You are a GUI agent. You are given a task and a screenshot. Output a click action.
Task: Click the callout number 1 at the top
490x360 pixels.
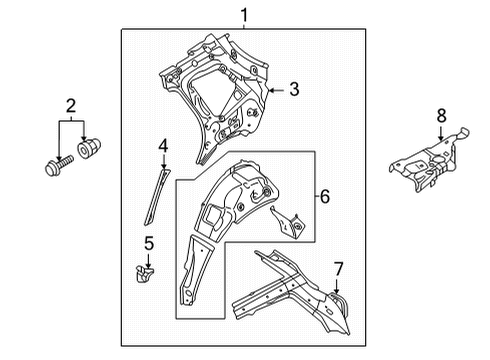click(245, 15)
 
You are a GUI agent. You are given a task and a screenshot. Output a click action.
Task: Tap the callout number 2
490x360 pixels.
click(71, 106)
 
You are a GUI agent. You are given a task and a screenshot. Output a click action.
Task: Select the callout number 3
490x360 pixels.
click(294, 89)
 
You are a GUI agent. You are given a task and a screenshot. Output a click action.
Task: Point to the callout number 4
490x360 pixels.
click(163, 146)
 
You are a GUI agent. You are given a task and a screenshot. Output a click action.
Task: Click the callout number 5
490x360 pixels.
click(149, 243)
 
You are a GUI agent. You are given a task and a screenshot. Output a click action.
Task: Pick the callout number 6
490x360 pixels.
click(325, 196)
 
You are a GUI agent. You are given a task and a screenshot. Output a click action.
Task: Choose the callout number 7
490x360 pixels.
click(338, 269)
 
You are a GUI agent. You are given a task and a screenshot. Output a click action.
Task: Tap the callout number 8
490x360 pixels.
click(441, 116)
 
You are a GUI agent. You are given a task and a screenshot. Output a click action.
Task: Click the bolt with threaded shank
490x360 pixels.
click(59, 165)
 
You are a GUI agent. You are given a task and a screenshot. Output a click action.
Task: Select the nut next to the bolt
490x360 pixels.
click(89, 148)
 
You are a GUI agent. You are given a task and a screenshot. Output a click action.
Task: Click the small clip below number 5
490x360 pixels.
click(145, 273)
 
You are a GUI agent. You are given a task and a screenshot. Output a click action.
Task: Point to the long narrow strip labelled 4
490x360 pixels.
click(157, 197)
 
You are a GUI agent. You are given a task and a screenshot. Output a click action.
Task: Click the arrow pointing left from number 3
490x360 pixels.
click(277, 90)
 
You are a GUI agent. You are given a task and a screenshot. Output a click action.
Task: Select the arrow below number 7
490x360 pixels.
click(336, 287)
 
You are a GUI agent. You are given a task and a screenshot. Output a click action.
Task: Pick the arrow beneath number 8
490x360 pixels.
click(441, 133)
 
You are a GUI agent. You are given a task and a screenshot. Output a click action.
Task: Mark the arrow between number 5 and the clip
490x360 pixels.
click(148, 261)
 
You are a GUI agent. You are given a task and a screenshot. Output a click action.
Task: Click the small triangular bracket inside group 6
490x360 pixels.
click(288, 222)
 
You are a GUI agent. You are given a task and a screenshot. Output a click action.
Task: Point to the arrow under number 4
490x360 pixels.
click(163, 162)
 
